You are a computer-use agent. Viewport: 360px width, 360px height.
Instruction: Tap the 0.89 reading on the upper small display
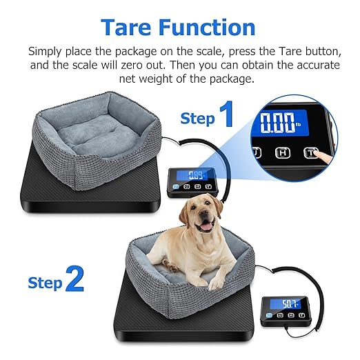[x=196, y=174]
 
